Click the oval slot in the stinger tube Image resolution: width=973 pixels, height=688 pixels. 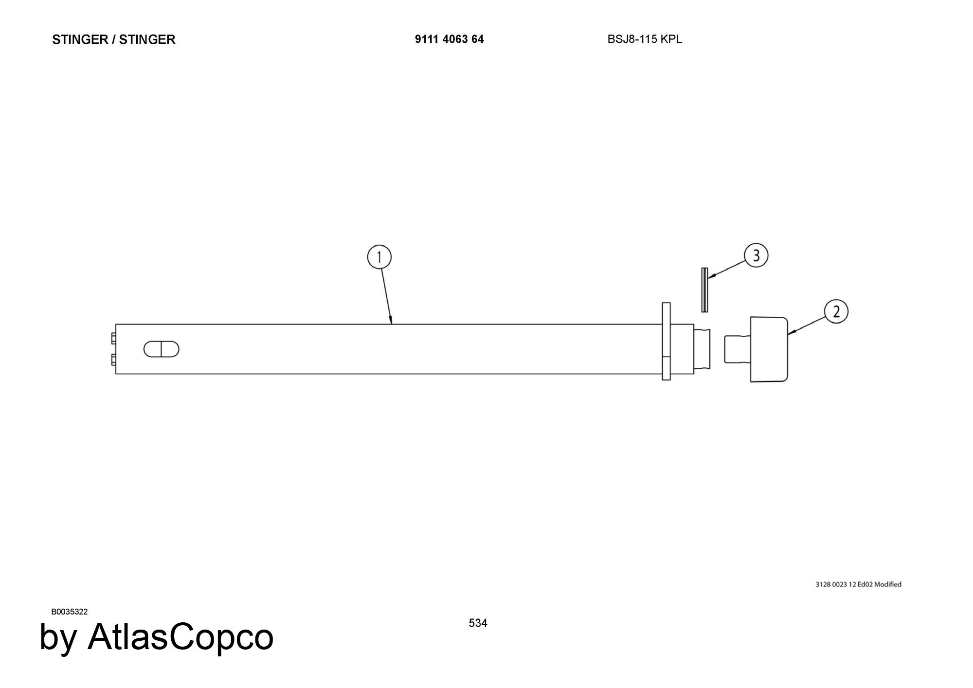click(x=161, y=349)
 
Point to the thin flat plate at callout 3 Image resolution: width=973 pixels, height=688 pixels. click(x=704, y=290)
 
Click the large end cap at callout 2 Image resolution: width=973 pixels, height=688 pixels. click(x=769, y=349)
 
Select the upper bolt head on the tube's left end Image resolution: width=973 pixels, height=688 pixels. click(x=113, y=338)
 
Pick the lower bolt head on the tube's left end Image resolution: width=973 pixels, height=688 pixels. click(x=113, y=360)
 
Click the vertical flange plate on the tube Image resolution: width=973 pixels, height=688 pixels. click(x=666, y=341)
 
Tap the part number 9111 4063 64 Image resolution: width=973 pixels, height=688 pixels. click(x=449, y=39)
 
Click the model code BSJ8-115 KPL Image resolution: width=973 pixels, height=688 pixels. click(x=645, y=39)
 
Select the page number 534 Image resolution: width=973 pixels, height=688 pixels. click(x=478, y=623)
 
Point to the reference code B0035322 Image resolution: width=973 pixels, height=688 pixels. click(x=70, y=612)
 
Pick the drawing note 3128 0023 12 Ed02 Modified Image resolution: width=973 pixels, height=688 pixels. click(x=858, y=584)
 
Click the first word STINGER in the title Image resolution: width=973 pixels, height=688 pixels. click(x=80, y=39)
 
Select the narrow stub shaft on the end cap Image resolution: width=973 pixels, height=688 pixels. click(x=737, y=349)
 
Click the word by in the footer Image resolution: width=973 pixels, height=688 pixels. click(x=58, y=637)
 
